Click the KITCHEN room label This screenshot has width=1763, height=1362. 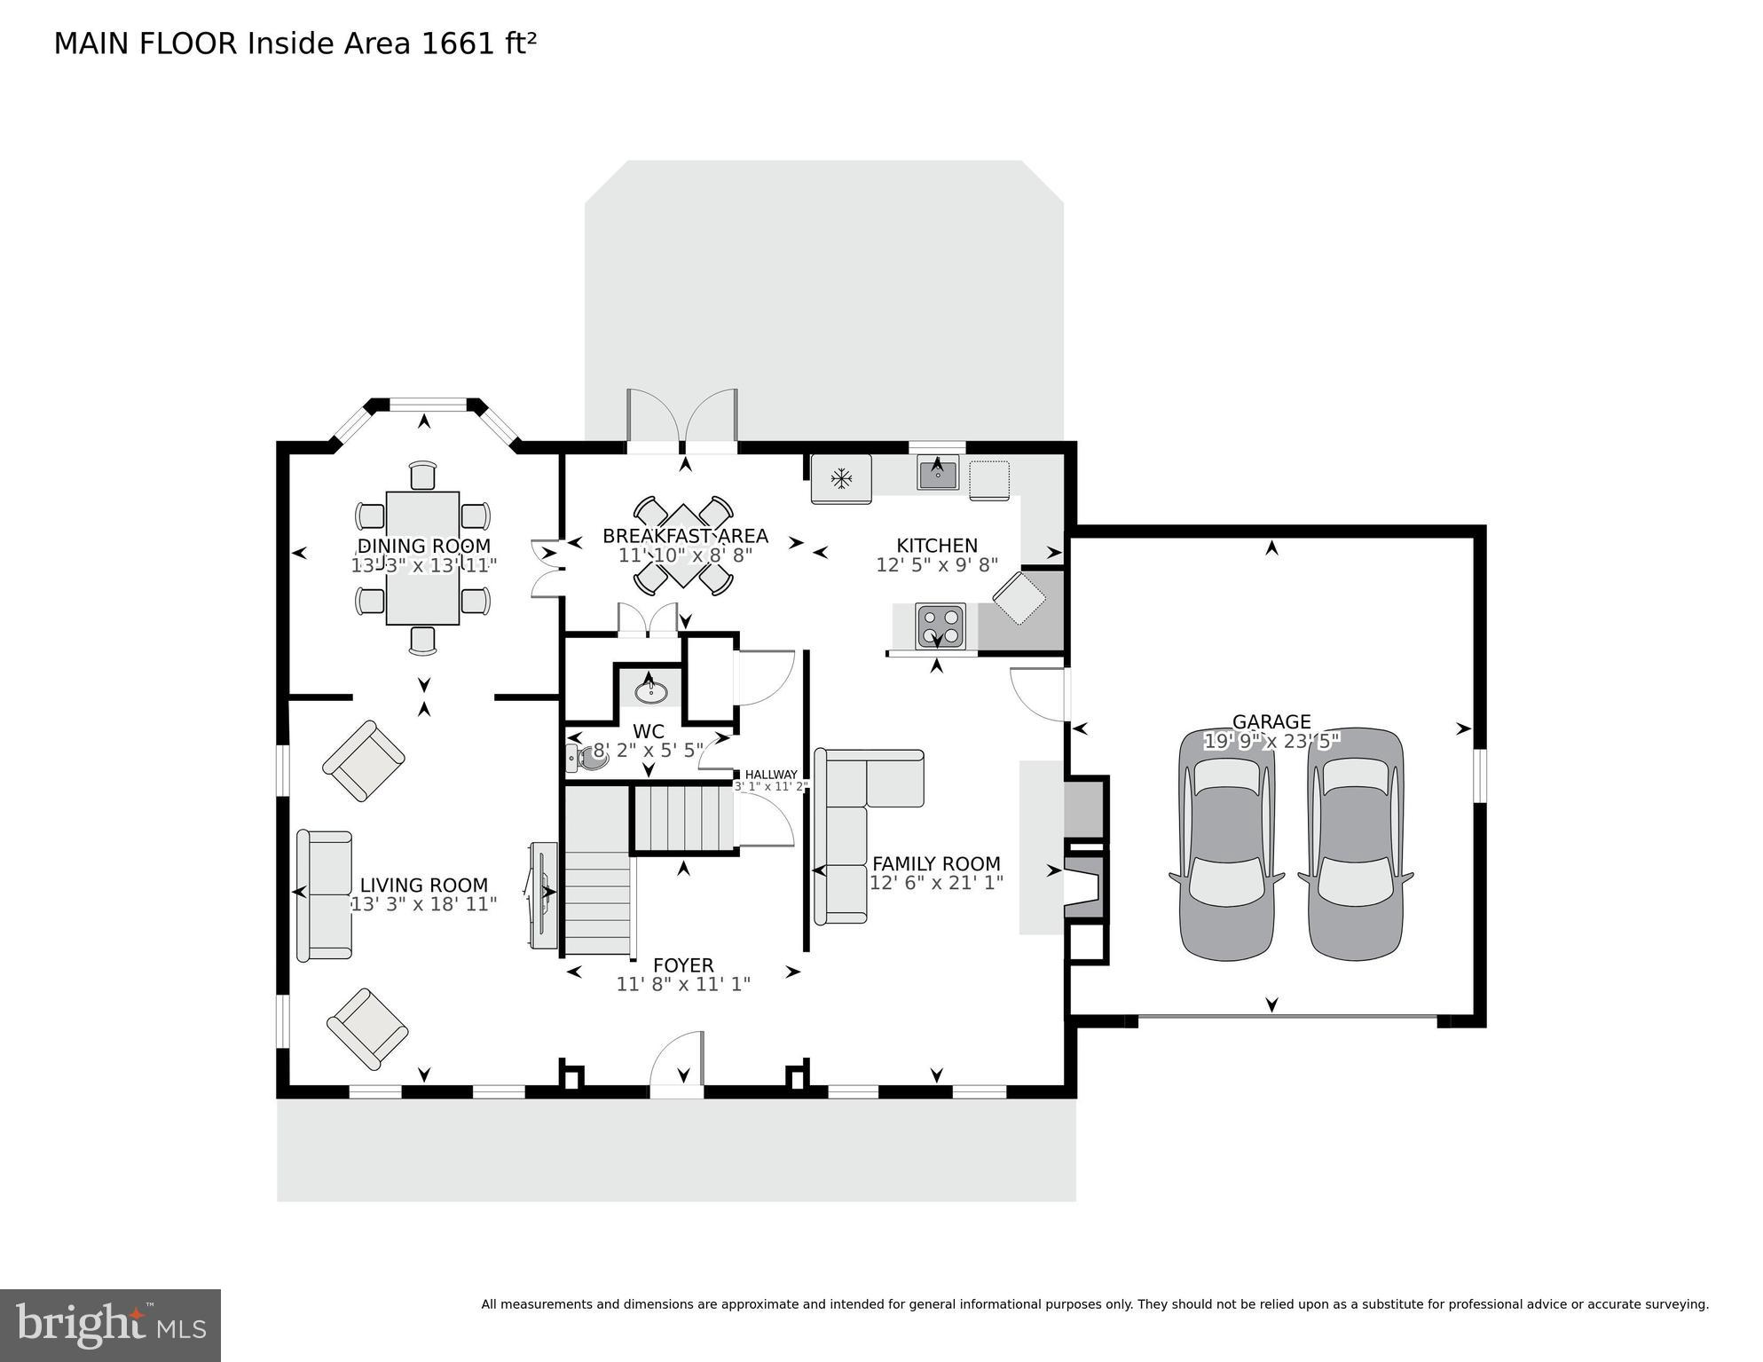pos(936,546)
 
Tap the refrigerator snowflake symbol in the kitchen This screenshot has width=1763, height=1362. pos(841,480)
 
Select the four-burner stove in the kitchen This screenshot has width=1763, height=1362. pos(940,626)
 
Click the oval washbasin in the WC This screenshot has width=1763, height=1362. pos(652,689)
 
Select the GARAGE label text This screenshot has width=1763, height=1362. pos(1271,721)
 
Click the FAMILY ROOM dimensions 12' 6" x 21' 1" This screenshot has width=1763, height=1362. pos(936,883)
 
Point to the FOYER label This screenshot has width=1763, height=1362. pos(683,965)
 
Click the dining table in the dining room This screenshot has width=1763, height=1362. pos(422,557)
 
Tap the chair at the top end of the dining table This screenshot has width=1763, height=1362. pos(423,475)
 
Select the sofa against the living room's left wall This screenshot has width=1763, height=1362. pos(325,894)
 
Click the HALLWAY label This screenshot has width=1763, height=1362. pos(770,775)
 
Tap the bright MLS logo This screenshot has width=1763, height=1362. pos(110,1325)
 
